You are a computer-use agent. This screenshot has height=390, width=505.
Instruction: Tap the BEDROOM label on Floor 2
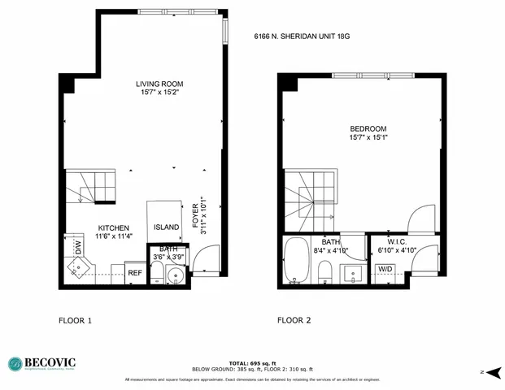368,129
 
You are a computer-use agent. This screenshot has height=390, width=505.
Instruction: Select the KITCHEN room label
114,227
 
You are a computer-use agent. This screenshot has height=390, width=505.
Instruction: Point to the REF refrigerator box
135,273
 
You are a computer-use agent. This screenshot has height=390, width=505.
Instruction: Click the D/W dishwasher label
79,247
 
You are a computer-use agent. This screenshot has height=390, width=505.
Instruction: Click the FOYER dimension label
194,217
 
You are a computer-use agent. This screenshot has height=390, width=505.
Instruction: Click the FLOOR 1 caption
76,320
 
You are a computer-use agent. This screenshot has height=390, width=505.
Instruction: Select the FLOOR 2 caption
294,320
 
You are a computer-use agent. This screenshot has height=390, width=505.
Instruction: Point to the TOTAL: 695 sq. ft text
251,362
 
